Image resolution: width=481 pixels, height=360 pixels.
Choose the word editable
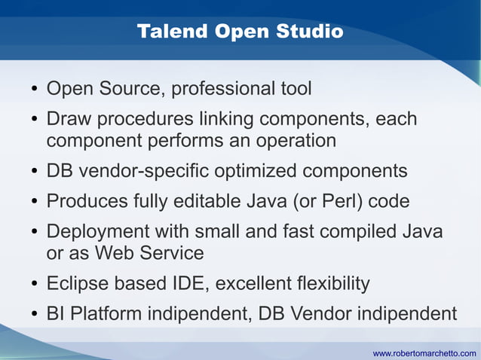click(x=222, y=201)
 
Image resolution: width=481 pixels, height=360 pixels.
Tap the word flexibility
click(x=325, y=283)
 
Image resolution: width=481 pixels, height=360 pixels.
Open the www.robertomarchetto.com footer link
click(x=424, y=352)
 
